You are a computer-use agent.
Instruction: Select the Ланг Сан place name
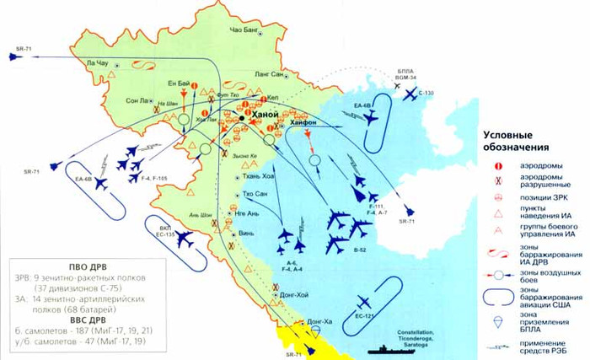(x=268, y=75)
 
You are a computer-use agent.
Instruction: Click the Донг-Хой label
(x=292, y=295)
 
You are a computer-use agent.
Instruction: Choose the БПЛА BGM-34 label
(x=409, y=76)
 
